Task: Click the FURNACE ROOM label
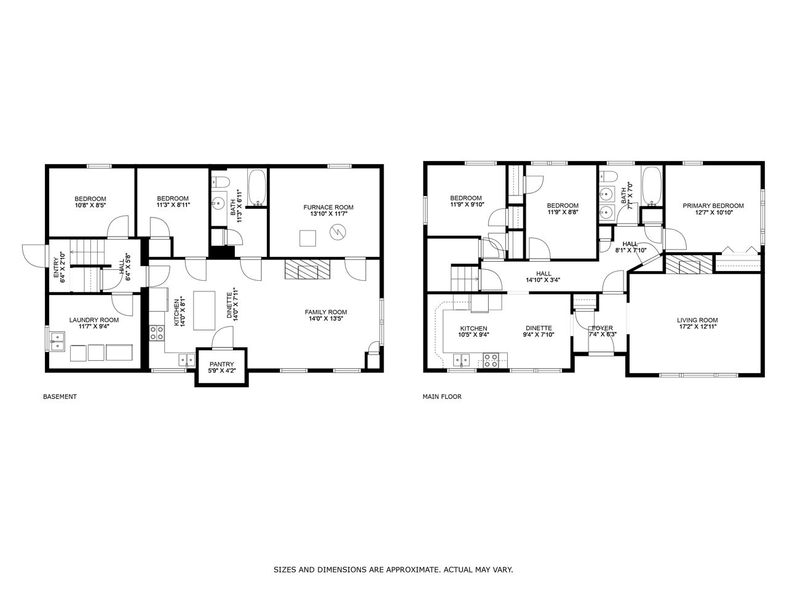pos(328,207)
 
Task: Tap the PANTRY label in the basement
pos(221,364)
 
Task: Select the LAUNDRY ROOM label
pos(94,320)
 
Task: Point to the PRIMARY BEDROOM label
pos(713,206)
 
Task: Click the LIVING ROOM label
pos(697,320)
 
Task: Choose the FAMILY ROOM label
pos(325,312)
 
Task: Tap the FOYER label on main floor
pos(603,328)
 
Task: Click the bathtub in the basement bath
pos(257,187)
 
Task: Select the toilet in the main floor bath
pos(609,176)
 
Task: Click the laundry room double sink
pos(57,341)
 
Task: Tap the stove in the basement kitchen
pos(157,332)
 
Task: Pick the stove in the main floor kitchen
pos(491,361)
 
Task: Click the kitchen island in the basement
pos(204,310)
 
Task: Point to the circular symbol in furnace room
pos(338,232)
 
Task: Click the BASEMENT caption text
pos(60,396)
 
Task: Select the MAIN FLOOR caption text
pos(441,396)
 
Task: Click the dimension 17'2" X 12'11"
pos(697,326)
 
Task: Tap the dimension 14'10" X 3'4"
pos(543,280)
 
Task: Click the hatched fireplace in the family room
pos(307,269)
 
